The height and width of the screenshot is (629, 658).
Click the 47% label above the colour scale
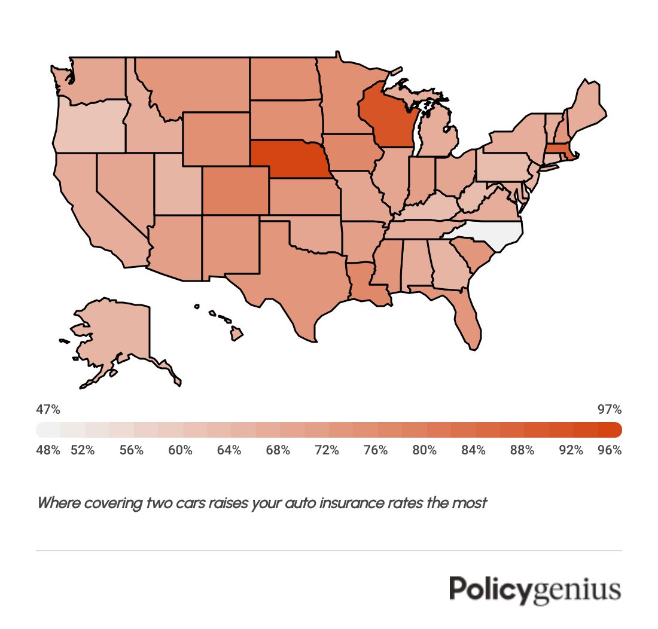coord(48,410)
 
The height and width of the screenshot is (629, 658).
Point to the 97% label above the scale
coord(610,410)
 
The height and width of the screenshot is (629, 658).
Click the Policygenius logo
coord(535,590)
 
